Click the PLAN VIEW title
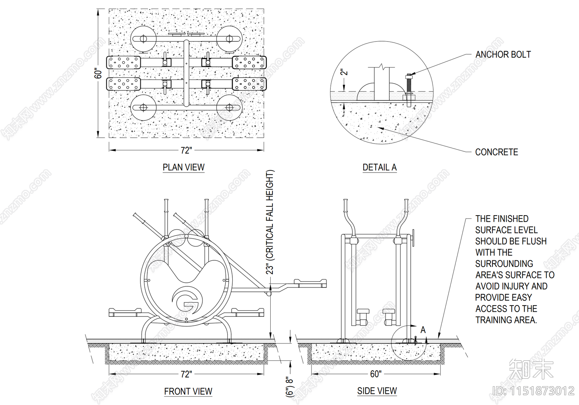(183, 167)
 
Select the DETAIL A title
(380, 167)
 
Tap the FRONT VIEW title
(188, 391)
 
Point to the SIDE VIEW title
(377, 391)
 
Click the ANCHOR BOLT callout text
(503, 55)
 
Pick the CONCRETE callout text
(496, 152)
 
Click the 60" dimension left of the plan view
(98, 73)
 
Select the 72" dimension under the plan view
(186, 150)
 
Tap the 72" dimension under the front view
(186, 374)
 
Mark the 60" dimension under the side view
(376, 374)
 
